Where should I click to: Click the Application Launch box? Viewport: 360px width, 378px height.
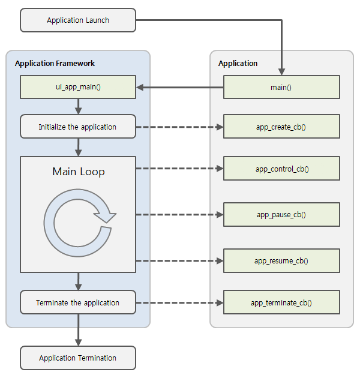coord(78,20)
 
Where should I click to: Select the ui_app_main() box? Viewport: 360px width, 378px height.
coord(78,87)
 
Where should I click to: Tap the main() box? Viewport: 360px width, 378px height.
coord(281,87)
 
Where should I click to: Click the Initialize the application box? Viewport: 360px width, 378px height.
coord(78,127)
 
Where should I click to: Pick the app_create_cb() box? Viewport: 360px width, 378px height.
coord(281,127)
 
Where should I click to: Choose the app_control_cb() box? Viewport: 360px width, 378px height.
coord(281,169)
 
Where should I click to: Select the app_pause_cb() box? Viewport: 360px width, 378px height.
coord(281,214)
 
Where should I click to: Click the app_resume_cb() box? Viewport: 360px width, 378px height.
coord(281,260)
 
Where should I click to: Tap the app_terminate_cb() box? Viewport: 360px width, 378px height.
coord(281,302)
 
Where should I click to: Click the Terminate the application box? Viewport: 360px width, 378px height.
coord(78,302)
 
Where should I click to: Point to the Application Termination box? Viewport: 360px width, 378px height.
coord(78,358)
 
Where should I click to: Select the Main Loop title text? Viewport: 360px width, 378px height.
coord(78,172)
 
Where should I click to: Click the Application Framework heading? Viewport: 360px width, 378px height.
coord(55,64)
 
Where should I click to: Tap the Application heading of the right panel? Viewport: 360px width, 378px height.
coord(238,64)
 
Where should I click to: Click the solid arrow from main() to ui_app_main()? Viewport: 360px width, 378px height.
coord(180,88)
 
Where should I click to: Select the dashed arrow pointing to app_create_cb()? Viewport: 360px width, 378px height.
coord(179,127)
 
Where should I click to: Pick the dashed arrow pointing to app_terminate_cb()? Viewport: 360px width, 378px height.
coord(179,303)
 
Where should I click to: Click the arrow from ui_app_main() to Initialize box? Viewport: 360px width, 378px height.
coord(78,107)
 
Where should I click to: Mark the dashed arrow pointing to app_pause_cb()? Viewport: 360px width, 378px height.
coord(179,214)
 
